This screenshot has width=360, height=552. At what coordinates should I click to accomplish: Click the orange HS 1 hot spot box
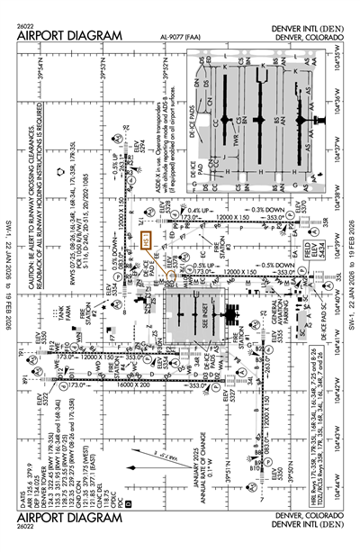(144, 241)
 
